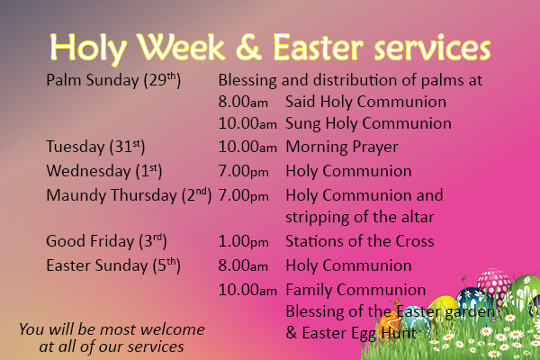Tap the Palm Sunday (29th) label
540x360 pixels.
113,80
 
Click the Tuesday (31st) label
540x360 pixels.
95,146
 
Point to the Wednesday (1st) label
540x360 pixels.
103,170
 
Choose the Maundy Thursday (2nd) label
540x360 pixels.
129,194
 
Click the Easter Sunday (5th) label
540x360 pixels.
113,265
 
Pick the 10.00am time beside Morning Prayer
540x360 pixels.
247,147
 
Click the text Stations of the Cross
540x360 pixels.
360,241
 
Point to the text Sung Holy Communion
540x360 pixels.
368,123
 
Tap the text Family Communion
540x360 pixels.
355,290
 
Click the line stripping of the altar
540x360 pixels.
360,217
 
